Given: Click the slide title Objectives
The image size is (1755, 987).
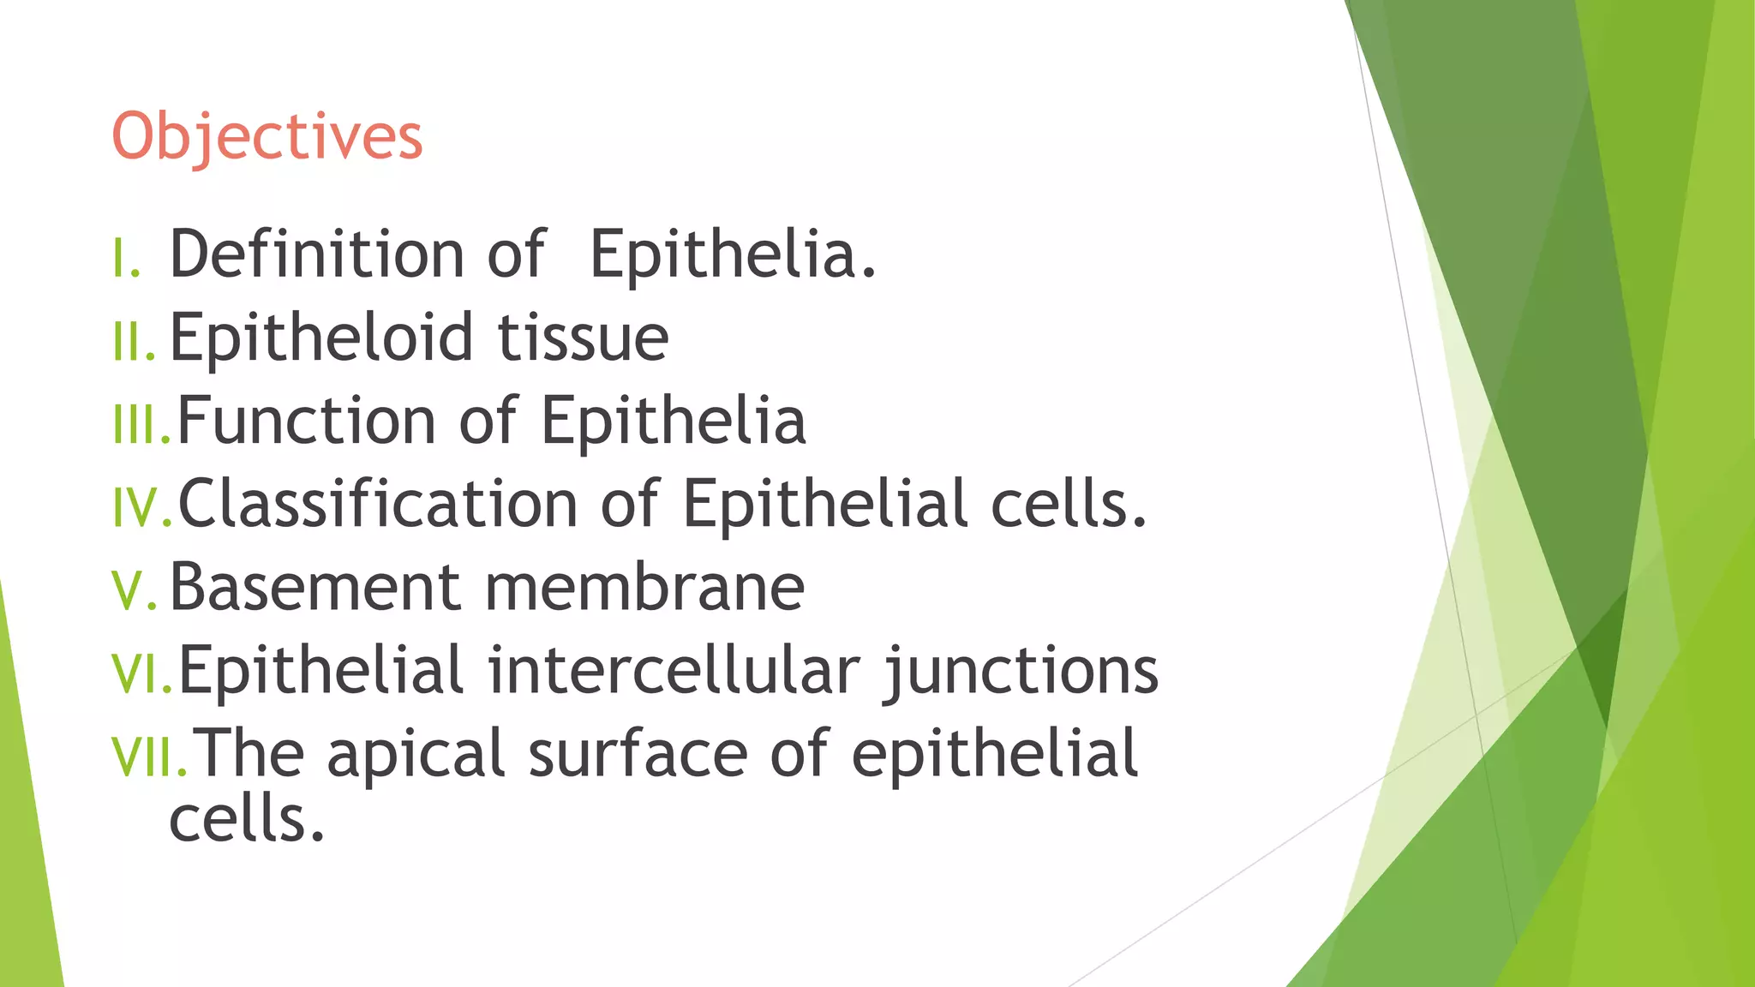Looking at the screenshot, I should coord(267,137).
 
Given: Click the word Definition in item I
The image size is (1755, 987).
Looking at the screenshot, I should coord(316,254).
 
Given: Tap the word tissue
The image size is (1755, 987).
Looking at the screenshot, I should coord(583,338).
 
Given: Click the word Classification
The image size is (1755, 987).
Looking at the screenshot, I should coord(377,504).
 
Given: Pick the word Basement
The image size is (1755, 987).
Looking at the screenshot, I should coord(315,588).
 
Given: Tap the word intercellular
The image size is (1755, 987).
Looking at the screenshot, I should coord(674,670).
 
